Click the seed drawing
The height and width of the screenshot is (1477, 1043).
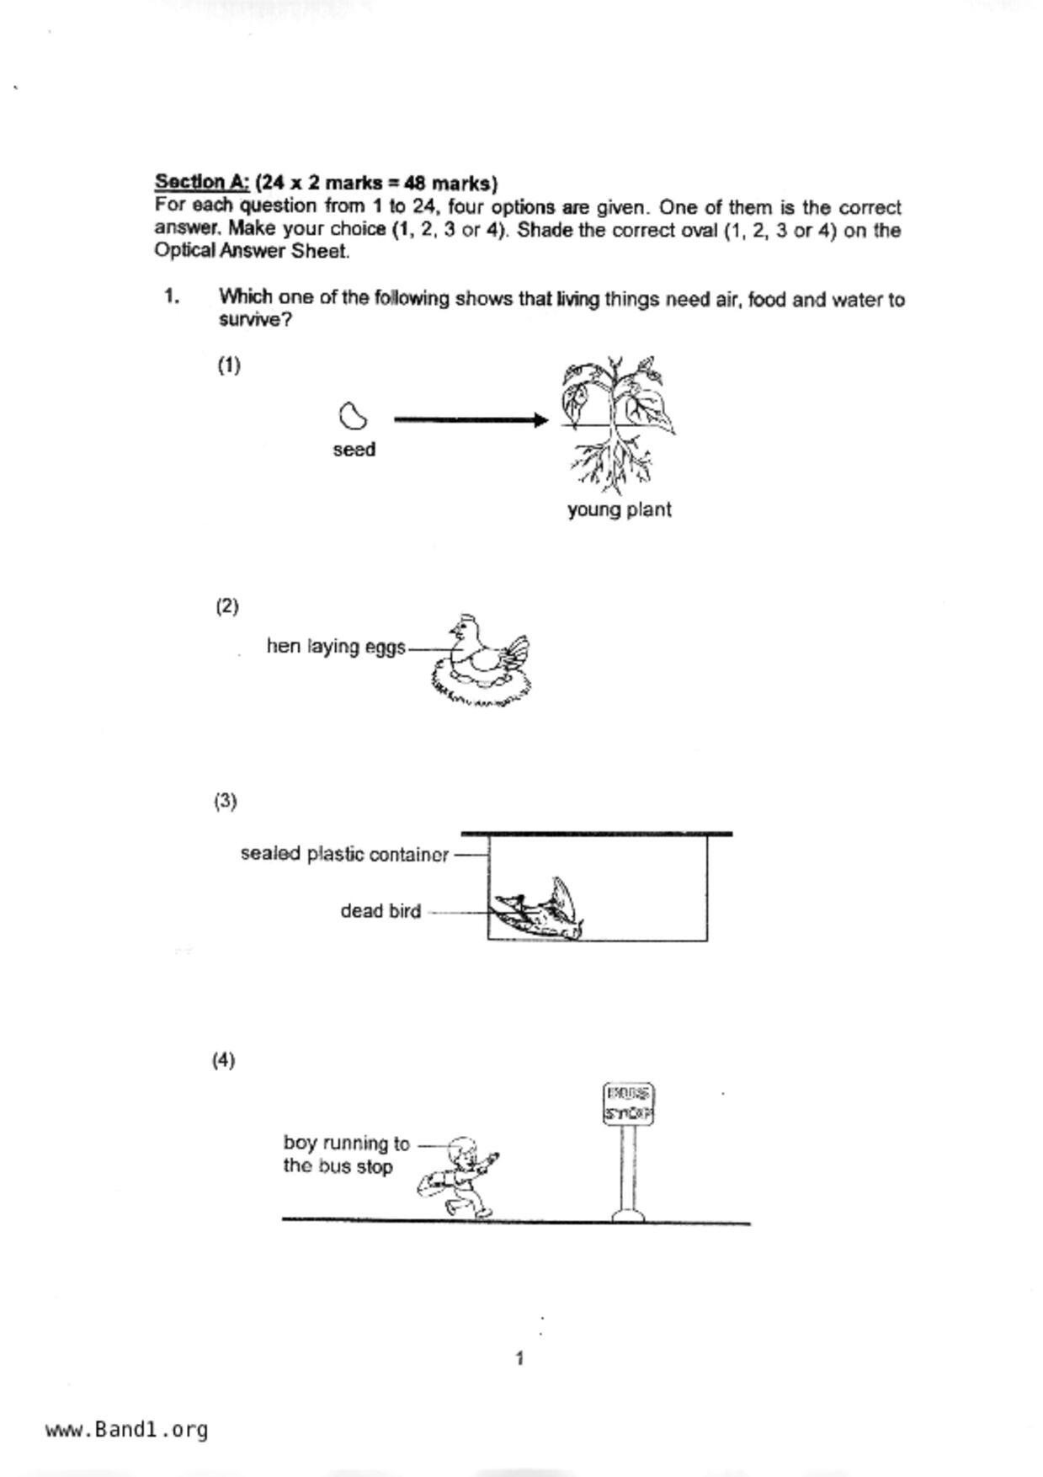[352, 415]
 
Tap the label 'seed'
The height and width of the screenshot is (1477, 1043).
[354, 450]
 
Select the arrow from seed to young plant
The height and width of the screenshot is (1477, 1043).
[471, 419]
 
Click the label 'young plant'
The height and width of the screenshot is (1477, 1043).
[619, 509]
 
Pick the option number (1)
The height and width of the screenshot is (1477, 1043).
[229, 365]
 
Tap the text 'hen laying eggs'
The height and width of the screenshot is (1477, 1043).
[336, 647]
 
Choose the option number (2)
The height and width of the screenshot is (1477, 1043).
[227, 606]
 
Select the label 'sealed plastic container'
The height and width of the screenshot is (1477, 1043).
[344, 854]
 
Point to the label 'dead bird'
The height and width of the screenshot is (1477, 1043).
[380, 911]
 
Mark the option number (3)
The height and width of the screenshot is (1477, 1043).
[226, 801]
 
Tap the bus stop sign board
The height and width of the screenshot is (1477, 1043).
[629, 1104]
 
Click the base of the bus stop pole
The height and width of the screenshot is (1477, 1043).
[628, 1215]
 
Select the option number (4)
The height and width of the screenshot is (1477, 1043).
[223, 1060]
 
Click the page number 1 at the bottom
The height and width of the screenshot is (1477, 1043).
[519, 1358]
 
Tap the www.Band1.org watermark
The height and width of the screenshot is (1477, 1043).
[127, 1429]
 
